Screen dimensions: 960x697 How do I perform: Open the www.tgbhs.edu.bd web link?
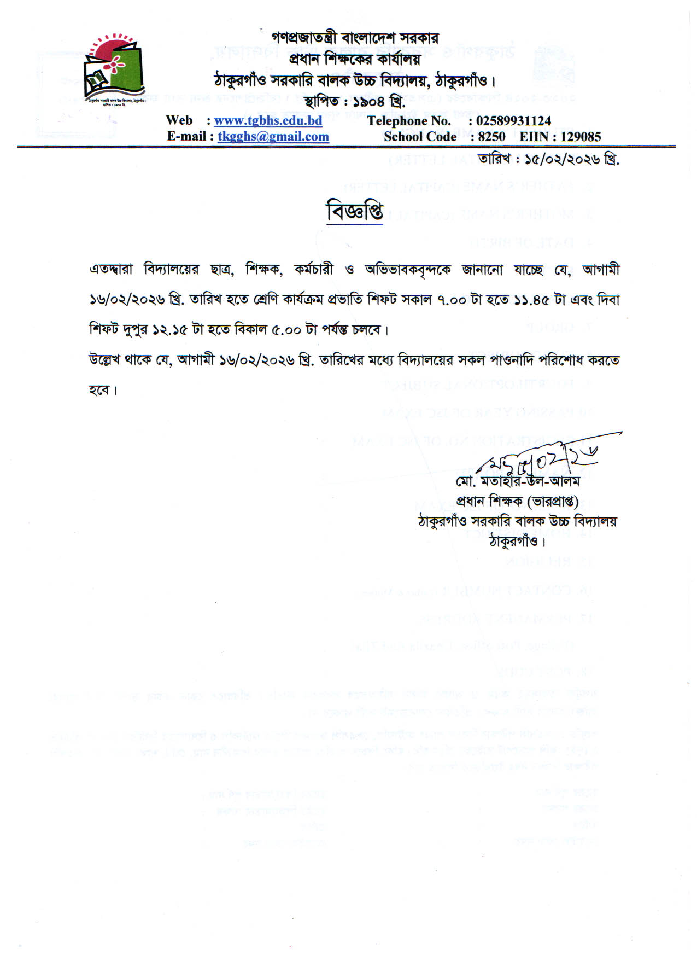click(x=268, y=120)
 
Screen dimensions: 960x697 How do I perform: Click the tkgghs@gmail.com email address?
click(x=273, y=136)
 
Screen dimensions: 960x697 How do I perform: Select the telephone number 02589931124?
click(x=513, y=120)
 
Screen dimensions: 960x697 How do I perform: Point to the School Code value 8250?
click(x=491, y=136)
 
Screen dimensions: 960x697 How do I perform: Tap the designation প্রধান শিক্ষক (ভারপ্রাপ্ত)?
click(x=517, y=501)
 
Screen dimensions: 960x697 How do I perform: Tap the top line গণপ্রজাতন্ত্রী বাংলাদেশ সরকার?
click(x=355, y=38)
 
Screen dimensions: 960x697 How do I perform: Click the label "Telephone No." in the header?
click(x=409, y=120)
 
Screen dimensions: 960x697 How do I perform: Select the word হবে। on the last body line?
click(x=103, y=391)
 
